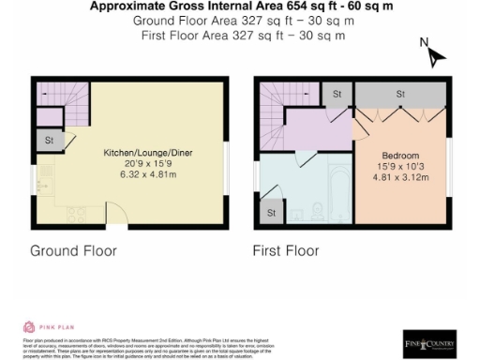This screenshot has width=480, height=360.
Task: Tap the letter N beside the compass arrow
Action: pos(425,42)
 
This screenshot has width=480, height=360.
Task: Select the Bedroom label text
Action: pos(399,155)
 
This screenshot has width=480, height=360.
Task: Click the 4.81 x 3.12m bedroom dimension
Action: pos(399,176)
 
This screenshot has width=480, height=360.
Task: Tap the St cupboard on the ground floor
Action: pos(48,140)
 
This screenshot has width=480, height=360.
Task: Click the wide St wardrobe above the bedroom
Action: pos(399,94)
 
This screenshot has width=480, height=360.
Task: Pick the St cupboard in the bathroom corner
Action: pos(271,213)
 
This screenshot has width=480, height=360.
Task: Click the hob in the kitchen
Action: pos(72,215)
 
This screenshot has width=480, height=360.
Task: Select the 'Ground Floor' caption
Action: pos(73,251)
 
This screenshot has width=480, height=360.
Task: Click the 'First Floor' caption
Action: pos(286,251)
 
